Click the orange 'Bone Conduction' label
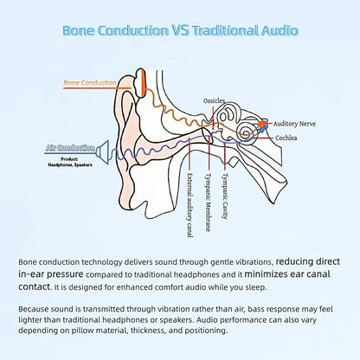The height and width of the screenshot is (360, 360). click(90, 83)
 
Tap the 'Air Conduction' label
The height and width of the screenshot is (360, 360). click(70, 148)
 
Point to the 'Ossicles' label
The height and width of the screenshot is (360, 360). click(214, 100)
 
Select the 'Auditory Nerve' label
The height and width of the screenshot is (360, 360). click(294, 124)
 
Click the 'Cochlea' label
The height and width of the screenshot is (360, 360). click(286, 138)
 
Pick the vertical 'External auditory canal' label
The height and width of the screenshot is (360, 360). click(190, 205)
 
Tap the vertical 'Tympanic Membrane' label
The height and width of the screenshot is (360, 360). click(208, 202)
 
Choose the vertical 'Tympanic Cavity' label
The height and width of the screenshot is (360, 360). click(225, 196)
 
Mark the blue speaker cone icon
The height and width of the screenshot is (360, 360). click(102, 152)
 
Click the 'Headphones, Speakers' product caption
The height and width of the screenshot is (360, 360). click(70, 164)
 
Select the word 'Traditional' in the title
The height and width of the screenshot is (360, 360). click(226, 30)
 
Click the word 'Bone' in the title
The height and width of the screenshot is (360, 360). click(79, 30)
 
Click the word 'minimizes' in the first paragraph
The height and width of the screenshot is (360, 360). click(266, 273)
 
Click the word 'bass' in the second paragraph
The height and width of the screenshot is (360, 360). click(256, 309)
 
